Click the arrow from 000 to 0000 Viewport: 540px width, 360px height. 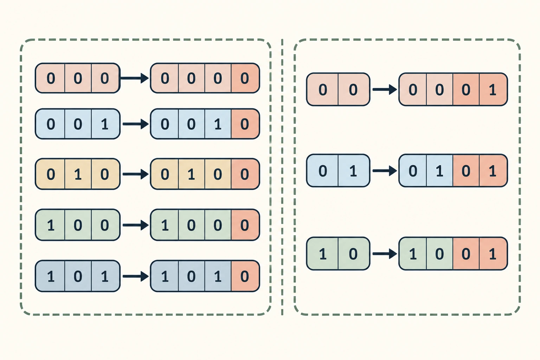click(134, 78)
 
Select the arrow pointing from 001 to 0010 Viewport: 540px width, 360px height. click(136, 124)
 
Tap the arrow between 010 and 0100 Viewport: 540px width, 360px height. click(136, 174)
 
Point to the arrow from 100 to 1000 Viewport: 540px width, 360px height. click(136, 225)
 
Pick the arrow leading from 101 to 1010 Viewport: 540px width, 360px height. click(136, 276)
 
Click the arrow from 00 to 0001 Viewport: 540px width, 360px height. click(385, 89)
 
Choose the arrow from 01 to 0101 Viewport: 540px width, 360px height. click(385, 171)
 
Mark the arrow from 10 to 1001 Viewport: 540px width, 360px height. click(385, 254)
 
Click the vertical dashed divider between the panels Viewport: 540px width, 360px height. click(282, 177)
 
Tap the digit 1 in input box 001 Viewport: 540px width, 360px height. click(105, 124)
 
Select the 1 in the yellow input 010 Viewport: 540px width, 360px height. click(78, 174)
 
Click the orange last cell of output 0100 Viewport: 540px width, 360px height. click(245, 174)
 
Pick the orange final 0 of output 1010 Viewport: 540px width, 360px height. click(244, 276)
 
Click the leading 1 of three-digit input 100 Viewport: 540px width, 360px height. click(51, 225)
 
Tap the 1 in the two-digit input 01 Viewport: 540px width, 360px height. click(353, 171)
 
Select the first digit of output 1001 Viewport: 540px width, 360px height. click(413, 254)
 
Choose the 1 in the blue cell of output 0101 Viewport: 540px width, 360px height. click(439, 171)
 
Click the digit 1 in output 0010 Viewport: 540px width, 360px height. click(218, 124)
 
